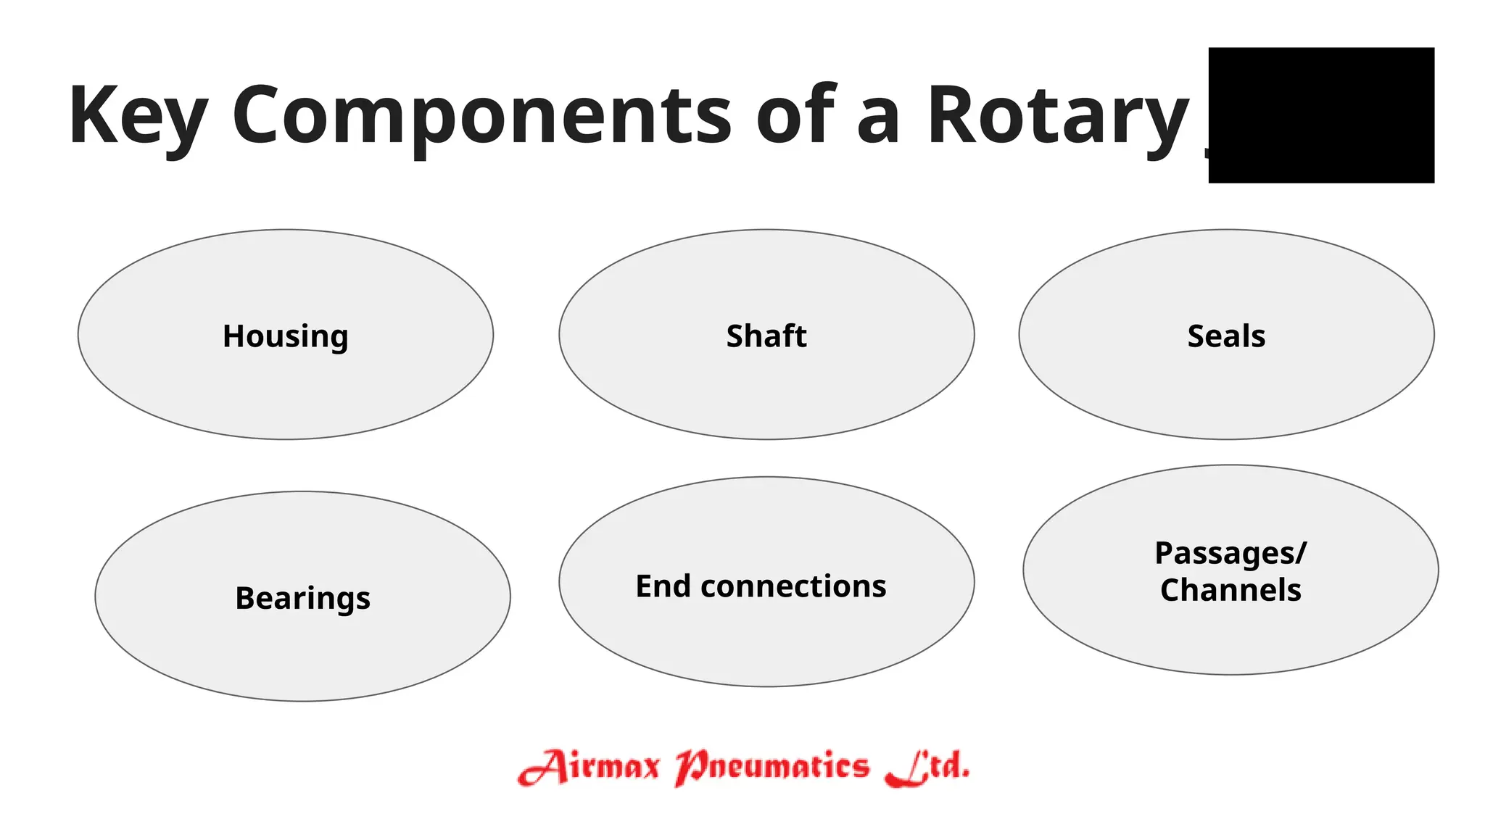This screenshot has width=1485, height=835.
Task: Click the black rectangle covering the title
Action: point(1321,115)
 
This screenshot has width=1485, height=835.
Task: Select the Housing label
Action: point(286,336)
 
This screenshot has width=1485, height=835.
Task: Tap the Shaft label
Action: point(766,336)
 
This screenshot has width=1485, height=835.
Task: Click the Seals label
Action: point(1226,336)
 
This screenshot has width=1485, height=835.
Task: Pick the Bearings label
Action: point(302,599)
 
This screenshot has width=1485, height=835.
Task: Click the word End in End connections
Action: point(662,586)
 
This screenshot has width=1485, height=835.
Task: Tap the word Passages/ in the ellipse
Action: point(1230,553)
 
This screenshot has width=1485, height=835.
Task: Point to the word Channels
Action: point(1230,590)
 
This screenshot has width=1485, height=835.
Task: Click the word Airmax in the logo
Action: point(589,767)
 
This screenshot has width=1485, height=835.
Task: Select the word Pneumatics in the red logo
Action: point(772,767)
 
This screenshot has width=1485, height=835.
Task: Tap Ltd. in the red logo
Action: point(927,767)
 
